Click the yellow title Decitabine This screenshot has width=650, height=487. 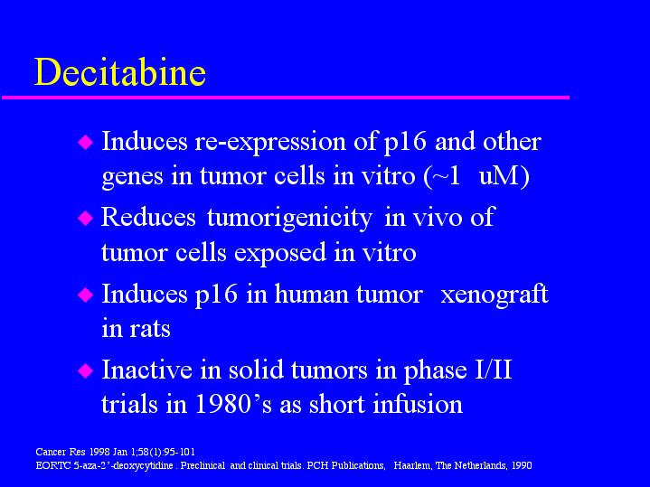click(120, 72)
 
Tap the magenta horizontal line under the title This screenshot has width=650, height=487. click(286, 98)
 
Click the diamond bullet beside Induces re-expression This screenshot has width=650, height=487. click(85, 142)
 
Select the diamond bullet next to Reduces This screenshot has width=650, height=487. click(85, 218)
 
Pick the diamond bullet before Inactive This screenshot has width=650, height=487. click(85, 370)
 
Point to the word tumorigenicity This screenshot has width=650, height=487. click(289, 218)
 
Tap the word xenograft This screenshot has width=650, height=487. click(495, 294)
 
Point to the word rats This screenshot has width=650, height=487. click(150, 330)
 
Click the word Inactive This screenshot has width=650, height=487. click(146, 370)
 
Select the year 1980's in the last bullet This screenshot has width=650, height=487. click(233, 405)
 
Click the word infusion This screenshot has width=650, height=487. click(418, 404)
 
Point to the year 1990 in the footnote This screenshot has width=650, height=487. click(522, 466)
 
